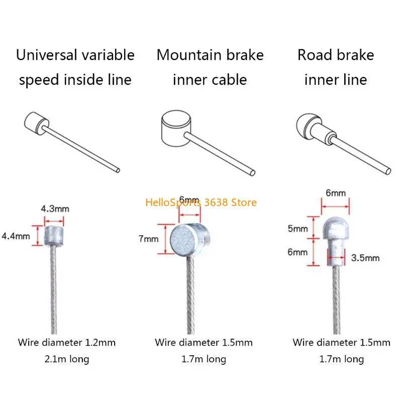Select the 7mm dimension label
tap(148, 239)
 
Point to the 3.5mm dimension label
tap(365, 258)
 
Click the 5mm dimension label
tap(298, 229)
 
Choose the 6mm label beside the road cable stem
tap(298, 252)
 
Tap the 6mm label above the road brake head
tap(335, 193)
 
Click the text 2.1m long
tap(67, 359)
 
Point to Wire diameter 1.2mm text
tap(67, 343)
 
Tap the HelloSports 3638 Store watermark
tap(201, 203)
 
